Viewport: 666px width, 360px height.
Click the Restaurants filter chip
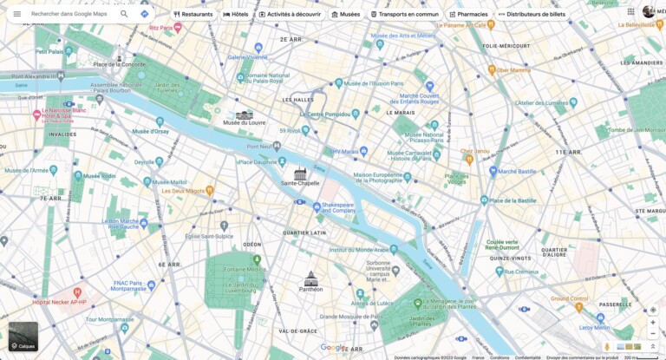pos(193,14)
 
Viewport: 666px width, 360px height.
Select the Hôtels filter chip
pos(236,14)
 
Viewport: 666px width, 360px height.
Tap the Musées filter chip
pos(345,14)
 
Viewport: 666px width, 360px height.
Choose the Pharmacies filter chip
pos(467,14)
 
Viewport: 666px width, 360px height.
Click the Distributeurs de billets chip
pos(531,14)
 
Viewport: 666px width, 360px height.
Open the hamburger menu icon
pos(16,14)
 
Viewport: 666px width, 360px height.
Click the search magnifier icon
pos(124,14)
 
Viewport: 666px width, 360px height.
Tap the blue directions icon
pos(145,14)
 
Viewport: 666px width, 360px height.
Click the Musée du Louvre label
pos(244,123)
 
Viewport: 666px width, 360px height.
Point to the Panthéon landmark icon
pos(310,278)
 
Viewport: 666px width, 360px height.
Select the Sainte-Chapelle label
pos(300,183)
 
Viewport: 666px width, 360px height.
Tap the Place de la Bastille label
pos(513,200)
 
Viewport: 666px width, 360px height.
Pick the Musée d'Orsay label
pos(150,131)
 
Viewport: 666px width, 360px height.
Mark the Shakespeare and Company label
pos(338,208)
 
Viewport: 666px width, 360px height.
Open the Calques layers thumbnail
pos(23,337)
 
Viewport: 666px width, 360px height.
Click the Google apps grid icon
pos(630,12)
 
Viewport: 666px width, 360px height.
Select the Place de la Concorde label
pos(119,64)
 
